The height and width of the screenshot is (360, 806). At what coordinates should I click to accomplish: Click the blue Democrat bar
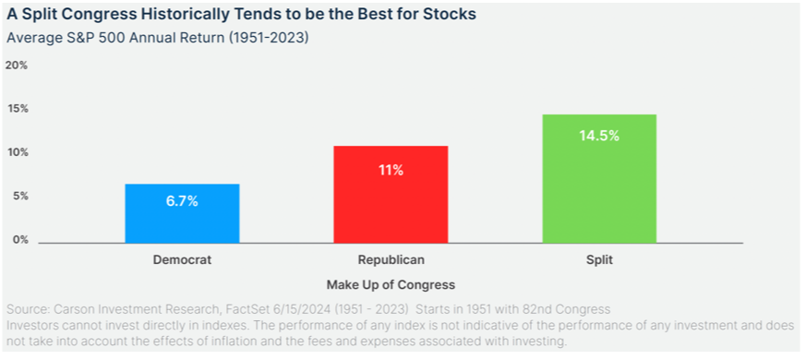[x=182, y=213]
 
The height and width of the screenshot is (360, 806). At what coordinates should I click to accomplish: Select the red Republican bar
[x=391, y=195]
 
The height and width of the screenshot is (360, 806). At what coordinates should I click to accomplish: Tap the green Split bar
[x=599, y=178]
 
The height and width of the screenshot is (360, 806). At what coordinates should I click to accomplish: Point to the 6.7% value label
[x=182, y=201]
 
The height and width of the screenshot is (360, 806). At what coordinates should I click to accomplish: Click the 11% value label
[x=391, y=170]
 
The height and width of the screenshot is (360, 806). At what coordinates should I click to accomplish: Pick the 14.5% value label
[x=599, y=137]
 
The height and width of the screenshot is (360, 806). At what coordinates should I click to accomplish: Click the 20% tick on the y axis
[x=17, y=66]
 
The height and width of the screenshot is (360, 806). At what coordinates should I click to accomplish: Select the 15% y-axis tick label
[x=17, y=109]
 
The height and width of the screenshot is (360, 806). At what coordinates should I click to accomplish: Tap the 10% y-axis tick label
[x=17, y=152]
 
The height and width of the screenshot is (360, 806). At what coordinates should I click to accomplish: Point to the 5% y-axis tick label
[x=19, y=197]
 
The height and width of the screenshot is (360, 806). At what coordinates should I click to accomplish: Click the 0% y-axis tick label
[x=19, y=240]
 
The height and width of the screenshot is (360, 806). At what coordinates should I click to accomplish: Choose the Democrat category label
[x=182, y=259]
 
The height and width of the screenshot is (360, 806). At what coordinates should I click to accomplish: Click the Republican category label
[x=391, y=259]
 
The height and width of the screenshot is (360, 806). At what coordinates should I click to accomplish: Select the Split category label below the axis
[x=601, y=260]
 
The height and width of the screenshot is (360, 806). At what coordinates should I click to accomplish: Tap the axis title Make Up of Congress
[x=391, y=284]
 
